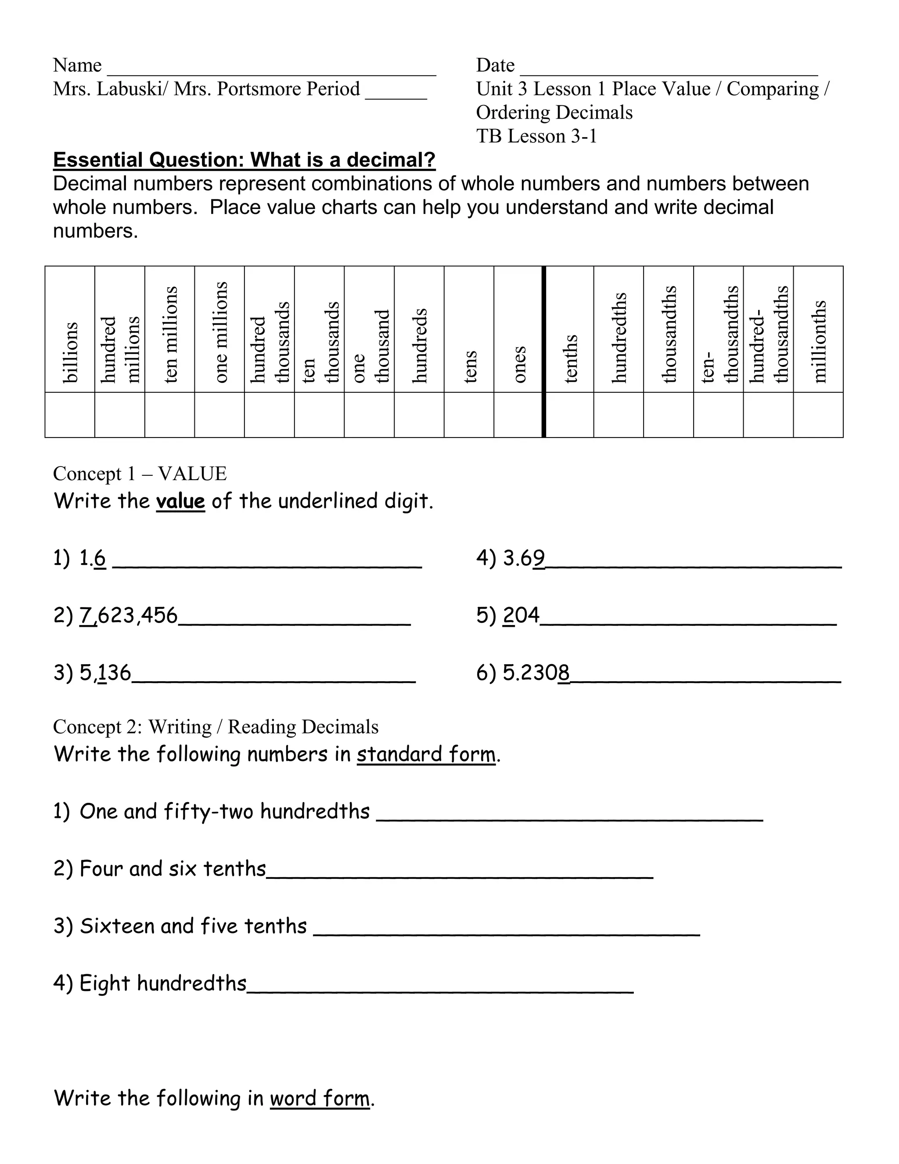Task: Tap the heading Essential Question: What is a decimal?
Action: coord(244,160)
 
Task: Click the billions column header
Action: coord(70,352)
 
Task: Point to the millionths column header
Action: coord(819,341)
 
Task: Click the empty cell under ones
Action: coord(518,415)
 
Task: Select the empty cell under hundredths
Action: coord(619,415)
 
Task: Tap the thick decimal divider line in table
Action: coord(544,352)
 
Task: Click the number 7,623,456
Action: coord(128,615)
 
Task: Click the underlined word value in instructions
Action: coord(180,501)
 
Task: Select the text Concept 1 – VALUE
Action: coord(140,473)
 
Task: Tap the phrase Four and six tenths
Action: coord(173,868)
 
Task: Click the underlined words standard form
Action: coord(426,754)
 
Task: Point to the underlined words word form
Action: coord(320,1099)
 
